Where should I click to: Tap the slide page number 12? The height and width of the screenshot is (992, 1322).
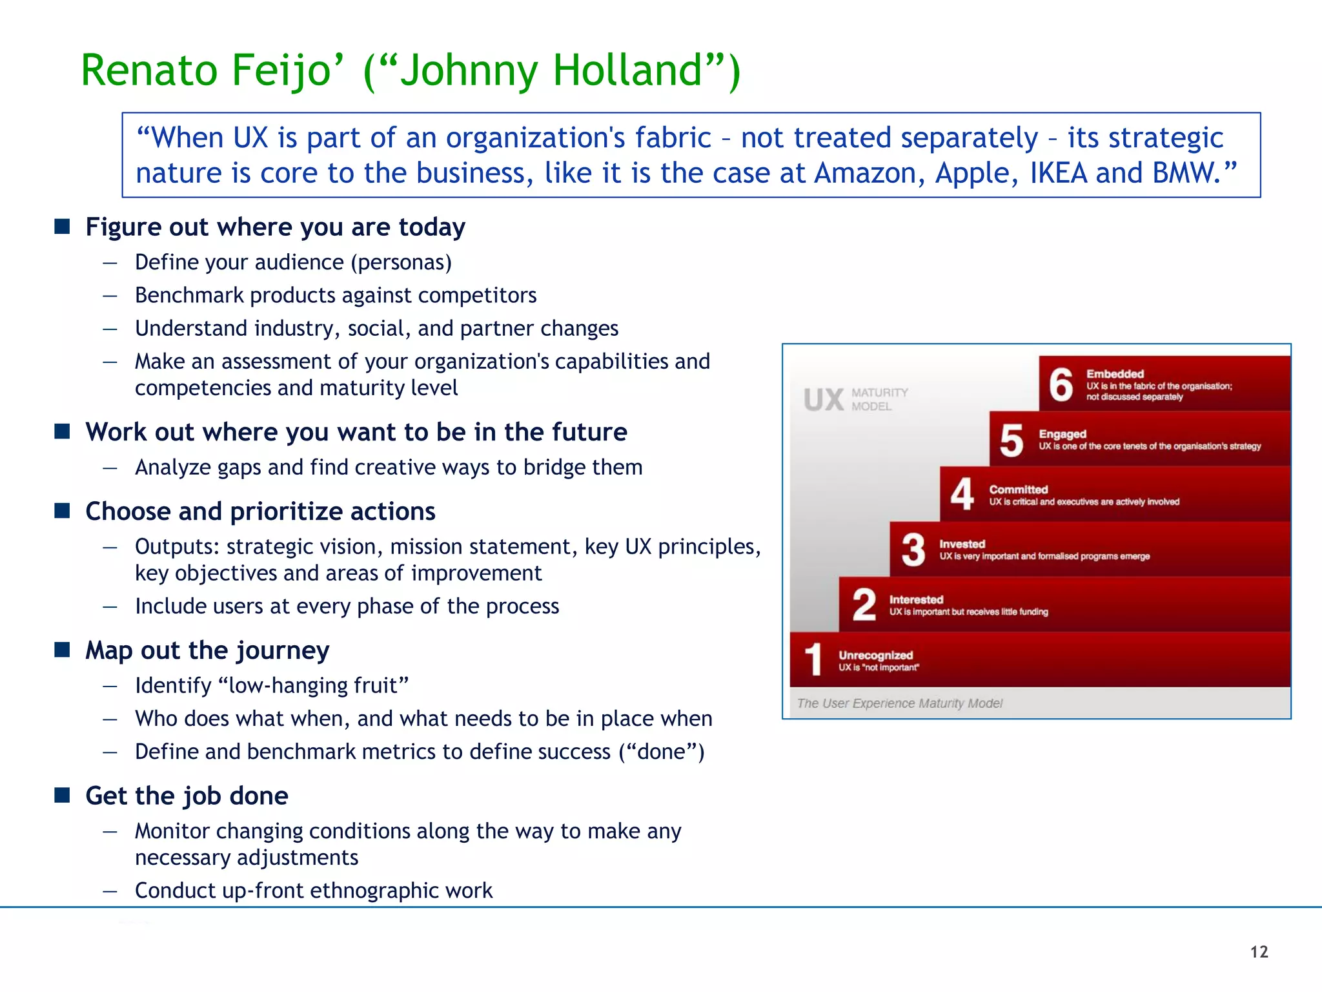(1259, 952)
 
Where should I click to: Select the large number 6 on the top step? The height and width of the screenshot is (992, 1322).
(1061, 385)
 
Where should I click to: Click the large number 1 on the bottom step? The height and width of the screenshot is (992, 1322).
(813, 659)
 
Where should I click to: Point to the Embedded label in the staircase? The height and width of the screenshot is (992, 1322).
(1115, 374)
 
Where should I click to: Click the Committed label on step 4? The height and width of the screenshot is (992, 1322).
(1018, 490)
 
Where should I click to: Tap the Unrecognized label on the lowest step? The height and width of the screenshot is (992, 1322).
(875, 655)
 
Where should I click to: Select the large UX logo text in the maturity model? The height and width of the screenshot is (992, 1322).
(824, 400)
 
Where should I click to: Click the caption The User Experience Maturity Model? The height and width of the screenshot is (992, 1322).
(899, 703)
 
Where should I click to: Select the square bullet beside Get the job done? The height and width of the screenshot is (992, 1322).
(62, 795)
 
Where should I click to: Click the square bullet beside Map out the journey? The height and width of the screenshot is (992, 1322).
(62, 650)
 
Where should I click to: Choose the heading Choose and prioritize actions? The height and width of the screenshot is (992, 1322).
(260, 512)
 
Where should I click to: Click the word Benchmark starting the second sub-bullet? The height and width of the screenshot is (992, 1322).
(188, 295)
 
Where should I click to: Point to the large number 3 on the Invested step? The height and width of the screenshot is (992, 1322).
(913, 550)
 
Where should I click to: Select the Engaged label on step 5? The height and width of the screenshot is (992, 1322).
(1062, 434)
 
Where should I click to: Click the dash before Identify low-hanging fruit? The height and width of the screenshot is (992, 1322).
(110, 686)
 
